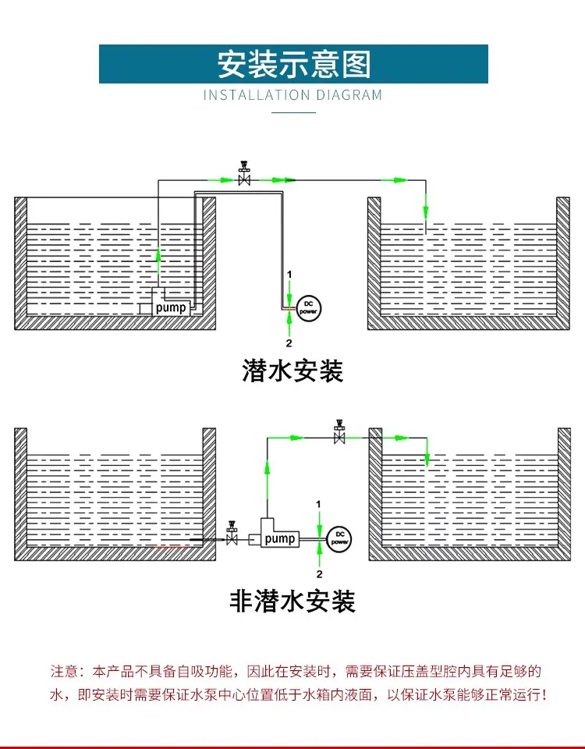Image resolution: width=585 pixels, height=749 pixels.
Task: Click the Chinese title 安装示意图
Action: [294, 64]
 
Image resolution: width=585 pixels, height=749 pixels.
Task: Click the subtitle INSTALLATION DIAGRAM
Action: [292, 95]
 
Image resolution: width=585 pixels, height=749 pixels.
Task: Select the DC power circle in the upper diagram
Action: [309, 308]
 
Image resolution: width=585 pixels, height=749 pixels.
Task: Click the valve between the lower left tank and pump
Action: [232, 534]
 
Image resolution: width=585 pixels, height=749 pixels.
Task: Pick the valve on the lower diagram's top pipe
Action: [339, 431]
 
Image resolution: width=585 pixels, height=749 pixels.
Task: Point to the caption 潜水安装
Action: [292, 371]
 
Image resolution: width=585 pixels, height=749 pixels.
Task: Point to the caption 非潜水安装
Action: [292, 601]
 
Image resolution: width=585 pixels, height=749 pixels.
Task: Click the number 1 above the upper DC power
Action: [289, 275]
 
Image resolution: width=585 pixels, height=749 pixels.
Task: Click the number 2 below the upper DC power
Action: [289, 343]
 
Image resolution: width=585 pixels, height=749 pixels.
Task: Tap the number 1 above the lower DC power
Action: [318, 505]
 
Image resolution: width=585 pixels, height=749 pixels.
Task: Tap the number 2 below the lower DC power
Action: [320, 573]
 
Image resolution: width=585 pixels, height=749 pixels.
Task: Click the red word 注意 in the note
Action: [64, 671]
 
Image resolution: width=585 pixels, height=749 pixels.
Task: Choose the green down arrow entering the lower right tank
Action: [427, 459]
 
